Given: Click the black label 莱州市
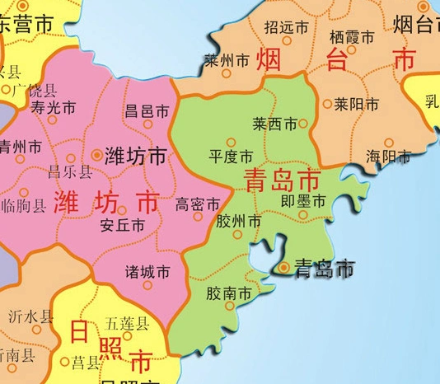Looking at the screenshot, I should point(227,61).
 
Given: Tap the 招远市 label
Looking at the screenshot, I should point(288,26).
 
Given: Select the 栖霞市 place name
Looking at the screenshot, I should point(352,37).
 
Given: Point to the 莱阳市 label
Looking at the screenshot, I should point(357,105).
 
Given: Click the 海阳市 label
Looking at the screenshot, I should point(388,156).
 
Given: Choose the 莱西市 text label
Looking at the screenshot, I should point(274,124).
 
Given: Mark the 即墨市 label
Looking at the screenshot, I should point(303,200).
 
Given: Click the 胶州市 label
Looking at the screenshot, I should point(239,222).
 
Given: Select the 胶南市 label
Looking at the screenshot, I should point(228,293).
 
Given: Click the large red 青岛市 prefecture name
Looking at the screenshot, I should point(283,180).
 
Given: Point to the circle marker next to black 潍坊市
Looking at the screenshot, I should point(97,154).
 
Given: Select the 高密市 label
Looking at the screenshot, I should point(198,204).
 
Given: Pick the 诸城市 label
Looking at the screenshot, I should point(147,271).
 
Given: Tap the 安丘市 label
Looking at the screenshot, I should point(122,225).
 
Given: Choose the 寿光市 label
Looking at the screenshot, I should point(53,107).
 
